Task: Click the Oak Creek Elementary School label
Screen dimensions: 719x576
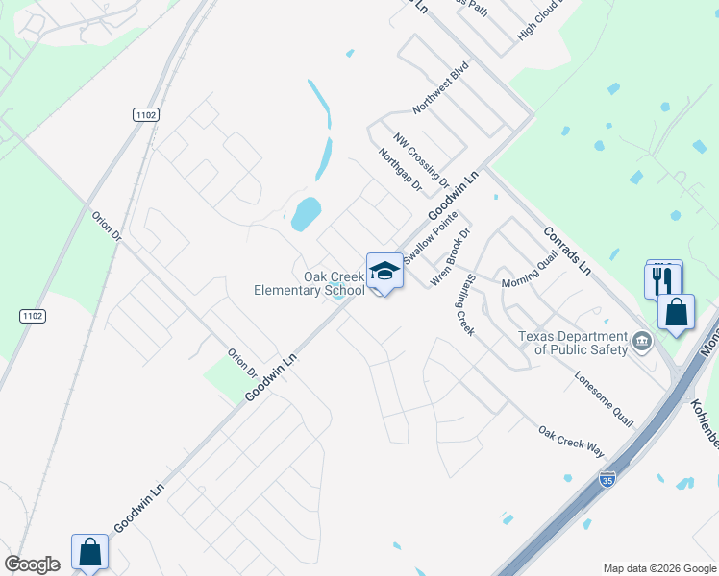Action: coord(310,283)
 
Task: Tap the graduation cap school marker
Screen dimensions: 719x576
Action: coord(384,271)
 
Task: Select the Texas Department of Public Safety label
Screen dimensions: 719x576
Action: coord(572,343)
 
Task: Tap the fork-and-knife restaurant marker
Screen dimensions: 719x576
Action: coord(662,279)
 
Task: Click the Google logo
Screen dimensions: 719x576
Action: coord(32,564)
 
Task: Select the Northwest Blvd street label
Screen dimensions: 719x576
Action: coord(440,88)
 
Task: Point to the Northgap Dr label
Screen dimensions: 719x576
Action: coord(400,170)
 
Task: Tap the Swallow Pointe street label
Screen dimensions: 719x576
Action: coord(432,240)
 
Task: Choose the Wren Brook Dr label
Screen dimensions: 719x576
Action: coord(451,257)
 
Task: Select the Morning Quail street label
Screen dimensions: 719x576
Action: coord(530,276)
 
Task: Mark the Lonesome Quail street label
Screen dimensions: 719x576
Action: coord(605,399)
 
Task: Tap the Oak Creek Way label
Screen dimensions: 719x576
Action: coord(571,442)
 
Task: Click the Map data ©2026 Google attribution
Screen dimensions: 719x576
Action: coord(658,568)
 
